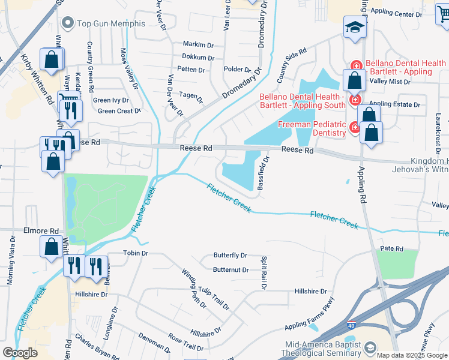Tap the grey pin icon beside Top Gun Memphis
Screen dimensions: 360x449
click(67, 24)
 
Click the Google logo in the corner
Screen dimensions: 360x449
click(20, 353)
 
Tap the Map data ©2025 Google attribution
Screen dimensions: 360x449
click(412, 355)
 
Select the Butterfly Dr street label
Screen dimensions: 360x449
click(230, 256)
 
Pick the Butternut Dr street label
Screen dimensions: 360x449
click(231, 270)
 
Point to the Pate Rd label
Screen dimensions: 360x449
click(391, 248)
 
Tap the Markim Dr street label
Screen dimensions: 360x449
click(198, 45)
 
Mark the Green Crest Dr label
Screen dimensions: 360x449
click(118, 111)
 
